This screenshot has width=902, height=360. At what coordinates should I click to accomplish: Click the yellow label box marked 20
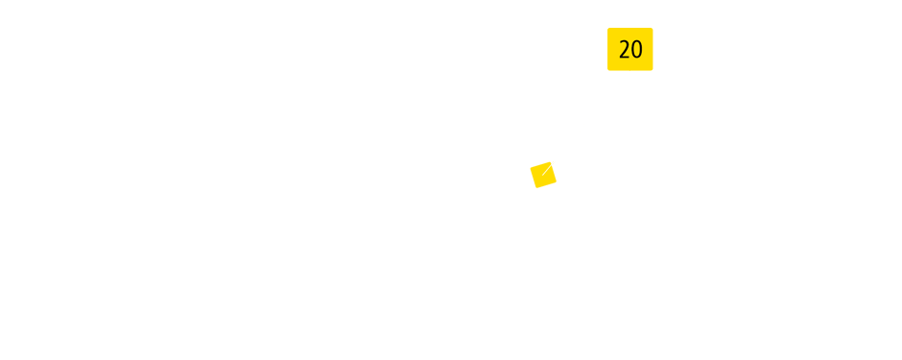tap(629, 49)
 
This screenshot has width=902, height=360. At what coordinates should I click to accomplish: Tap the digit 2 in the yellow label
tap(624, 50)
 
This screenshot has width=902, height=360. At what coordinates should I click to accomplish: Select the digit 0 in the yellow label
tap(636, 50)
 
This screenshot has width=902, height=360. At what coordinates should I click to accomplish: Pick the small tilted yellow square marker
tap(543, 175)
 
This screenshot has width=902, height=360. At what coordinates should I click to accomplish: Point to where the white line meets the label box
tap(629, 71)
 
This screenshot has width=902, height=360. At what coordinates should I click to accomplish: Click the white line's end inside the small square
tap(544, 174)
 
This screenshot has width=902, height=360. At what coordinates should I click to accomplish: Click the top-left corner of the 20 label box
tap(607, 28)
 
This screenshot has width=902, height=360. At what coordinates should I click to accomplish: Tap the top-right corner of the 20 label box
tap(653, 28)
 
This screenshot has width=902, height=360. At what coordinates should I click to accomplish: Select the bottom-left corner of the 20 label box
tap(607, 70)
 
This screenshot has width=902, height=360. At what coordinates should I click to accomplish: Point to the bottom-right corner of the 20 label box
tap(653, 70)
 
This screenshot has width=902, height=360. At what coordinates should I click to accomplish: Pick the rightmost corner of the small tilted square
tap(557, 180)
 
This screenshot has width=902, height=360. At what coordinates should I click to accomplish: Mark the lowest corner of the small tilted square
tap(536, 188)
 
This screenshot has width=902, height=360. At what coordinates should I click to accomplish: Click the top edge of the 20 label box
tap(629, 28)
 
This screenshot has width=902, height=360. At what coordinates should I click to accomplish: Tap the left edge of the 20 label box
tap(607, 49)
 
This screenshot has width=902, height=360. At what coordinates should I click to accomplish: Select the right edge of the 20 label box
tap(653, 49)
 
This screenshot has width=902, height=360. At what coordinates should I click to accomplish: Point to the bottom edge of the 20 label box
tap(619, 70)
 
